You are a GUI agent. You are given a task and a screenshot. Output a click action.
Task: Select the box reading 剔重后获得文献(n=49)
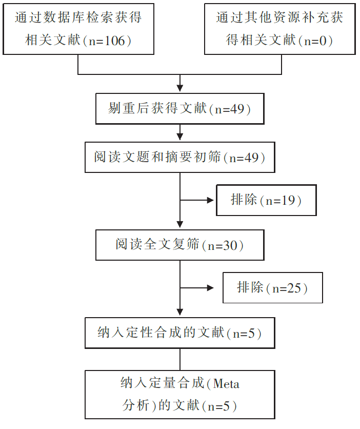point(180,109)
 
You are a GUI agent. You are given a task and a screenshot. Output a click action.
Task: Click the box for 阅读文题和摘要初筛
point(180,158)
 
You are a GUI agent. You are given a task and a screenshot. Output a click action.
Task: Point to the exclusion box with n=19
point(266,200)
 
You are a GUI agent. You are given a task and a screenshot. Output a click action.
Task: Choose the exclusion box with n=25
point(273,287)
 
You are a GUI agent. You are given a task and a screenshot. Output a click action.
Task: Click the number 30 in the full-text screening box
point(230,245)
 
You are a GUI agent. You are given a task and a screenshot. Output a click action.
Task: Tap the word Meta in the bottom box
point(226,384)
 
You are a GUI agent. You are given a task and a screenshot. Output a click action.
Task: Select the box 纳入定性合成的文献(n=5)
point(180,333)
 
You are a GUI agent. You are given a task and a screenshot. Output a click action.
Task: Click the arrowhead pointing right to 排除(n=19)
point(210,200)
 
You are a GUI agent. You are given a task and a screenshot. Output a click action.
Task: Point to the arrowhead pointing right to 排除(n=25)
point(210,288)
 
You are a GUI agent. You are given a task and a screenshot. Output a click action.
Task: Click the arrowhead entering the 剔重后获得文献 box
point(180,88)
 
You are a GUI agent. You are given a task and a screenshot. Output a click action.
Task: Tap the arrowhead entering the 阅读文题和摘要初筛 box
point(180,136)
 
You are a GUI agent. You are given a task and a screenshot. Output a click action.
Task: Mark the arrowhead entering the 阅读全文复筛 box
point(180,224)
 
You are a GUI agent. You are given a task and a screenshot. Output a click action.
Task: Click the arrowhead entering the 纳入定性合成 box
point(180,312)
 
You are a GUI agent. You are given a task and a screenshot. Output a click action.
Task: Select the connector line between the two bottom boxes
point(180,360)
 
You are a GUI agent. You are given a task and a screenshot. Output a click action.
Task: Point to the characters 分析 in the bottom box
point(136,405)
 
